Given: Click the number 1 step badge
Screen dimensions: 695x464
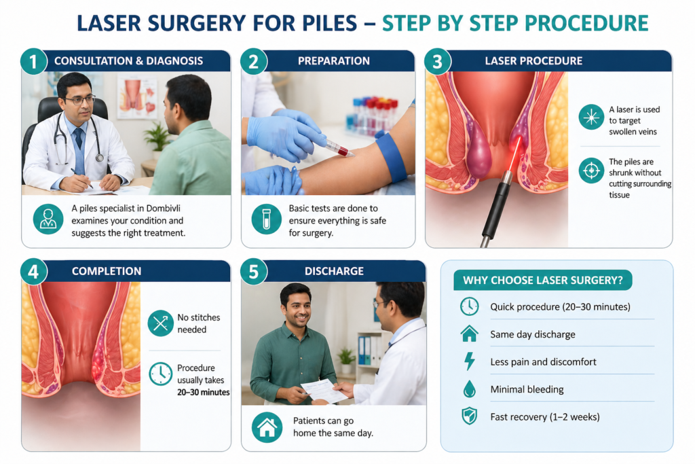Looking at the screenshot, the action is (33, 61).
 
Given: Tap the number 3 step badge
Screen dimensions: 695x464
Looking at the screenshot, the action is (438, 61).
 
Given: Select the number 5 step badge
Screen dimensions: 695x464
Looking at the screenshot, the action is (254, 272).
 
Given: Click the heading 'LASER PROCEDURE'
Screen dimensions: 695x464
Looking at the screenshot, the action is (533, 60).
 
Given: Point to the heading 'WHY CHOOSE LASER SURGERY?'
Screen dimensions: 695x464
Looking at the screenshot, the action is (542, 281).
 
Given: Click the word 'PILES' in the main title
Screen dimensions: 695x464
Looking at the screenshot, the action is (328, 23).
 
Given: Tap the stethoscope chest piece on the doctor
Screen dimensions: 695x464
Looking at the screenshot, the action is (100, 157).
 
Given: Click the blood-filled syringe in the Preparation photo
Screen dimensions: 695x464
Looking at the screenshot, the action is (339, 148).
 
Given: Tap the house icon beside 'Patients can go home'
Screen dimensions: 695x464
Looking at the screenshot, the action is (267, 427).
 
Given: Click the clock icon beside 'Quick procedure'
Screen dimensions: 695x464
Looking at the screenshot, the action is (469, 306).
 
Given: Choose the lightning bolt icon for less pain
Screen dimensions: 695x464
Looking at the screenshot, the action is (470, 361).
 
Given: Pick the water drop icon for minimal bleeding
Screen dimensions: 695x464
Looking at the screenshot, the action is (470, 389).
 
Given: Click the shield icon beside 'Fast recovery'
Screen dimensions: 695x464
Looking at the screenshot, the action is (470, 416).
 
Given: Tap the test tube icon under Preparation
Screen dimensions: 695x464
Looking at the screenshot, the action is (266, 219).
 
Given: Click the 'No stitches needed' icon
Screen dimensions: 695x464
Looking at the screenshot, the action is (160, 323).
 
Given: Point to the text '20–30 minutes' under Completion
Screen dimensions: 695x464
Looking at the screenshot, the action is (204, 392).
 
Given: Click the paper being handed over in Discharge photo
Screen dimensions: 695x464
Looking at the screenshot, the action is (324, 391).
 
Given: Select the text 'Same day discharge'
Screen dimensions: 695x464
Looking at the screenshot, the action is (533, 334).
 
